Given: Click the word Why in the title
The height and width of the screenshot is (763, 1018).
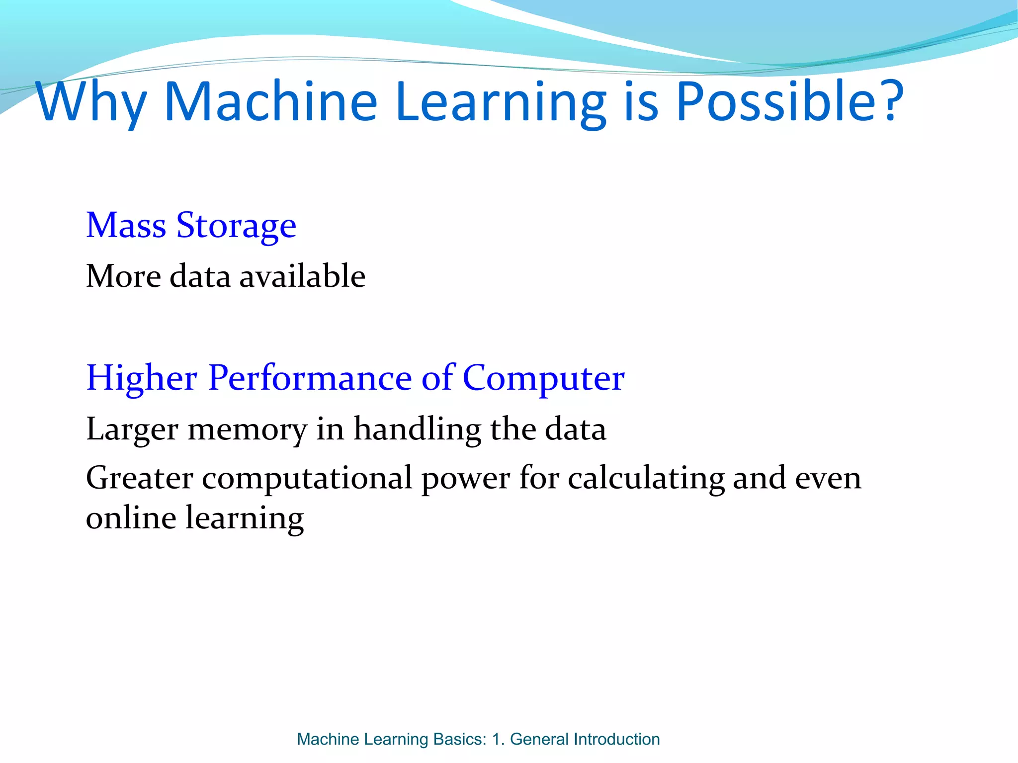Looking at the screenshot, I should click(x=91, y=103).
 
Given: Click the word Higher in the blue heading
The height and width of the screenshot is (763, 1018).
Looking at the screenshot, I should click(x=142, y=379).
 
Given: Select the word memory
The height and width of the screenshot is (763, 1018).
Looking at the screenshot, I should click(x=247, y=430).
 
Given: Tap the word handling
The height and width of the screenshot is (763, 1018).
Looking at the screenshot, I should click(x=417, y=430).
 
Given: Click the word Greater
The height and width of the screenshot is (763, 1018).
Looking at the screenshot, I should click(x=140, y=478).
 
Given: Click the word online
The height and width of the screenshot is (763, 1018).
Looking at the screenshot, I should click(x=131, y=518).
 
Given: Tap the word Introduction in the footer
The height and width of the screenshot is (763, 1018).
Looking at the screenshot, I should click(x=616, y=739).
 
